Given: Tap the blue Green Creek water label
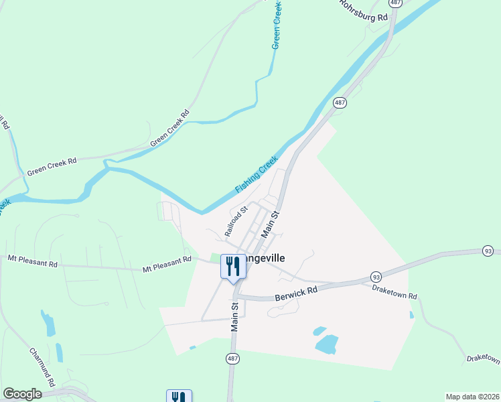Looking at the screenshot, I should point(276,25).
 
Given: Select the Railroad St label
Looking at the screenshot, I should point(236,221).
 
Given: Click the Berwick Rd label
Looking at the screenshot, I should point(295,293).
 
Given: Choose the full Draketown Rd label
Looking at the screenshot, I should point(395,291).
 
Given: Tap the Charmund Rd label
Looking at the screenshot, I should point(42,366).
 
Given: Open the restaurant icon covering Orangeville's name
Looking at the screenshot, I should point(233,267).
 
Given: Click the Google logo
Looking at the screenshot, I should point(22,394).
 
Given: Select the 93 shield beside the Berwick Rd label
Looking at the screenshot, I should point(376,277).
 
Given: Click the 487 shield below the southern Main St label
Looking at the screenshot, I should point(232,359).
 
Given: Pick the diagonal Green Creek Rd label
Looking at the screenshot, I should point(170,128).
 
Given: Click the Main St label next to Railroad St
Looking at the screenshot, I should point(269,224).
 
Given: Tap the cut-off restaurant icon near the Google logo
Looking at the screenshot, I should point(179,396).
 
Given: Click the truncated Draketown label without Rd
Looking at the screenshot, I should point(484,360).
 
